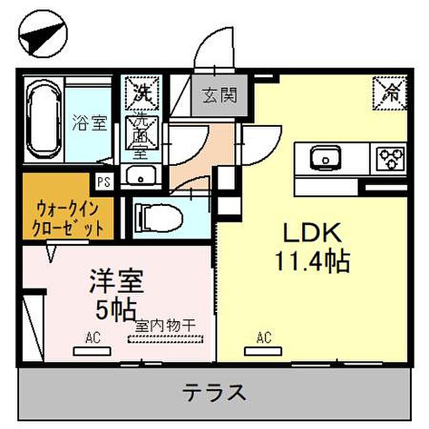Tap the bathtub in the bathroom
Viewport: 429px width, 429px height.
(44, 120)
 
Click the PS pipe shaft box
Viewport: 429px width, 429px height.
(104, 181)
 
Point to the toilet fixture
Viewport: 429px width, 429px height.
(161, 218)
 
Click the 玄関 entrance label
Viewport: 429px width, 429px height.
(219, 95)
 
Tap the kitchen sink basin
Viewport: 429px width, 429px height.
(325, 158)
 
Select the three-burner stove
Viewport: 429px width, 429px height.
(390, 159)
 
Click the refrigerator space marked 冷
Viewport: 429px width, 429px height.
(389, 93)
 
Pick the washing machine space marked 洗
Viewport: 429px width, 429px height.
(142, 93)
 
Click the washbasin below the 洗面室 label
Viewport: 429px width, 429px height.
(141, 175)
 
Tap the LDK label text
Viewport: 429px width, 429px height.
(312, 232)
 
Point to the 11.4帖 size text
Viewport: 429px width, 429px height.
(313, 261)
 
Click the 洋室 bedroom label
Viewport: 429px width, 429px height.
(116, 281)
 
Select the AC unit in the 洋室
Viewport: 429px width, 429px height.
(92, 351)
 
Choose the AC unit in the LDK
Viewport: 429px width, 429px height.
(263, 351)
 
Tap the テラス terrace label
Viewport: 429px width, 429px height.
(214, 392)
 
